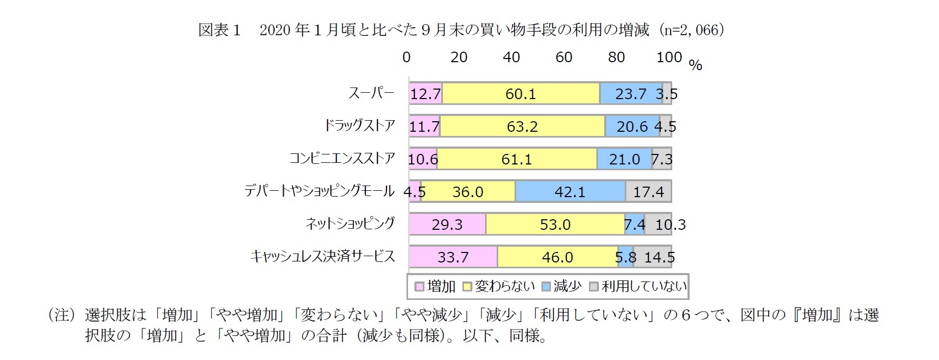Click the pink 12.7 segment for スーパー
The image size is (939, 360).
click(x=425, y=94)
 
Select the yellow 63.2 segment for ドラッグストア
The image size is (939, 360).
click(x=522, y=127)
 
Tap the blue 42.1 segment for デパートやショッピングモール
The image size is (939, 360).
click(x=570, y=191)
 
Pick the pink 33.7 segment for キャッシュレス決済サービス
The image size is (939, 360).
click(x=453, y=257)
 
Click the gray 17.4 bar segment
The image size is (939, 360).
click(x=648, y=191)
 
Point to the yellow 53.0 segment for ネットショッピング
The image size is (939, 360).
click(x=555, y=225)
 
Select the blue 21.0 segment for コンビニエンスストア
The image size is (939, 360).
click(x=624, y=159)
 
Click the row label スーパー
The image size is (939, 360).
click(x=371, y=93)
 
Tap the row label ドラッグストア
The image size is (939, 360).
click(x=359, y=125)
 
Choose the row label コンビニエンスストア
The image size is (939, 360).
click(x=342, y=158)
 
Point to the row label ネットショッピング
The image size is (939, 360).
click(x=350, y=223)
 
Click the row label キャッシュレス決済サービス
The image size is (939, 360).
click(x=322, y=256)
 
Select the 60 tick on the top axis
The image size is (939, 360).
click(x=564, y=57)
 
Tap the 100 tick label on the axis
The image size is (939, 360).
click(x=669, y=57)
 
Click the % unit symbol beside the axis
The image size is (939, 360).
click(x=695, y=65)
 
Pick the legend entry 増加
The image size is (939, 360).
click(x=435, y=286)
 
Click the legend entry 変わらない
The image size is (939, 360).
click(x=499, y=286)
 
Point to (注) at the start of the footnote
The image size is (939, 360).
click(x=63, y=315)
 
